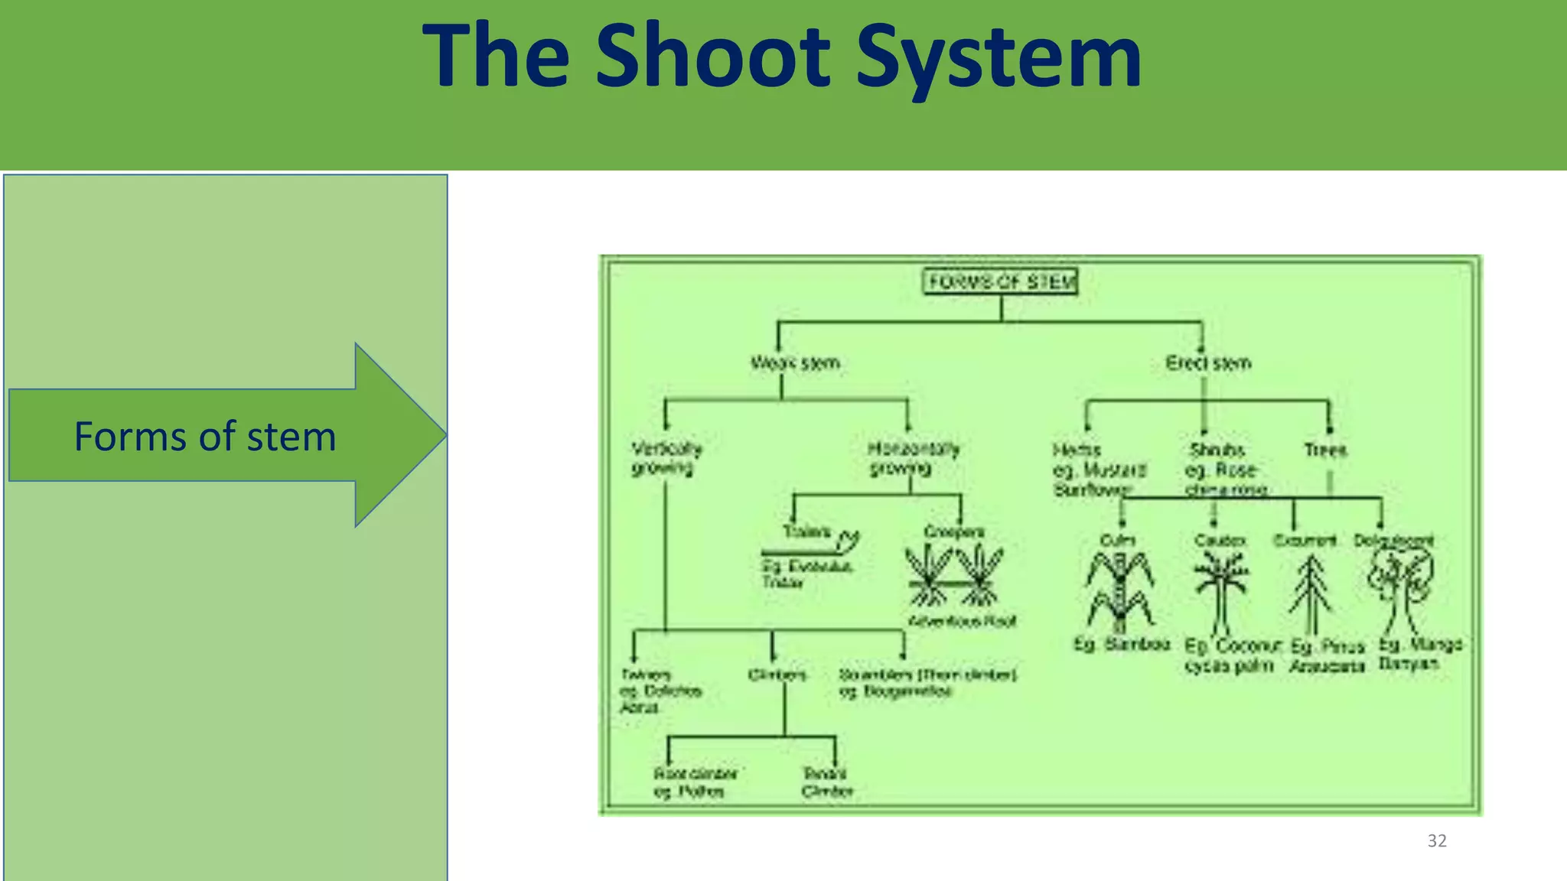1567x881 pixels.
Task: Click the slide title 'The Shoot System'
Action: click(x=782, y=57)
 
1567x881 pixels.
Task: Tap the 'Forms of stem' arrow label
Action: click(x=205, y=437)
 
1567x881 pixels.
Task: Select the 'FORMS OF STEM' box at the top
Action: click(x=1001, y=281)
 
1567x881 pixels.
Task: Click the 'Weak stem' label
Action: click(x=795, y=362)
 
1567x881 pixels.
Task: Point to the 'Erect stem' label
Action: click(x=1208, y=362)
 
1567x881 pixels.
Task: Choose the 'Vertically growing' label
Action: click(x=666, y=457)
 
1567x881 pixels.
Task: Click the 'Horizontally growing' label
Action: click(x=912, y=457)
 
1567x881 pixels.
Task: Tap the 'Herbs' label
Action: click(x=1076, y=450)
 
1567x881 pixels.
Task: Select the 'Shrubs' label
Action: click(x=1217, y=450)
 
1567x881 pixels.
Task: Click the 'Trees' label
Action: click(x=1325, y=450)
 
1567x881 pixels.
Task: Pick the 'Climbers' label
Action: click(x=777, y=675)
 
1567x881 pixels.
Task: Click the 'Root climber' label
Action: click(x=695, y=774)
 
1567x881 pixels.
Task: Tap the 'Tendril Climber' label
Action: click(x=826, y=782)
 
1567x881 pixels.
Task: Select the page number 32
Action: click(x=1437, y=840)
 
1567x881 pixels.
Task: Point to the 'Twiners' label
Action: click(x=646, y=675)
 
